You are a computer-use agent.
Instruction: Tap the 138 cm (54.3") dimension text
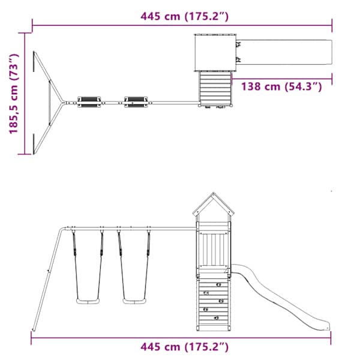[281, 87]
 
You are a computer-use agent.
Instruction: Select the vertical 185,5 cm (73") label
[14, 94]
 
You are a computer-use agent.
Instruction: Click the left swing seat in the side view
[88, 301]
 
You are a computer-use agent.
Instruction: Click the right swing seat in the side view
[134, 301]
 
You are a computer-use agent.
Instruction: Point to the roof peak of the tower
[214, 193]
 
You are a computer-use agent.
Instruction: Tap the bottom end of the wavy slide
[328, 327]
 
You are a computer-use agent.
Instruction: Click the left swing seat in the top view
[89, 102]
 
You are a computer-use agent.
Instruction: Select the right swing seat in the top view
[136, 102]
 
